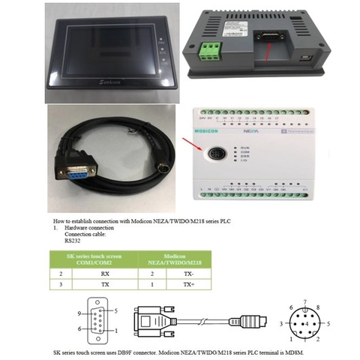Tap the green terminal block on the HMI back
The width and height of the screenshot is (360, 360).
(x=211, y=51)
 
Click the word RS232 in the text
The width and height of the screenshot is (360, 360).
(x=73, y=241)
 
